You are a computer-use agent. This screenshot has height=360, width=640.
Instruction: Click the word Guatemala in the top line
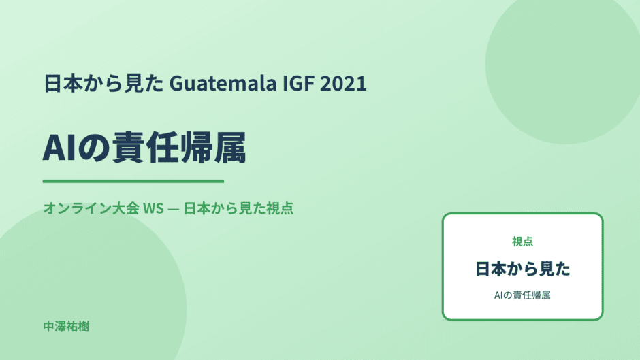point(223,83)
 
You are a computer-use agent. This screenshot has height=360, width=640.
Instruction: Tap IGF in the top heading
point(298,83)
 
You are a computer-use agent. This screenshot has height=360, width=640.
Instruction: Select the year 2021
point(343,83)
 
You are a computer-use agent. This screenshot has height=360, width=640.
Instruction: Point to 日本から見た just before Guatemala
point(103,83)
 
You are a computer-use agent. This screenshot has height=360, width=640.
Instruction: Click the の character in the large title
point(93,148)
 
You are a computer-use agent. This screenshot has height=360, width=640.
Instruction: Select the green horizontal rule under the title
point(133,181)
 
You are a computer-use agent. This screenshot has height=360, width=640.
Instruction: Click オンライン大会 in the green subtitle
point(91,208)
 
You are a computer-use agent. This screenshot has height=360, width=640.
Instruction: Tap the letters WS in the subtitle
point(153,208)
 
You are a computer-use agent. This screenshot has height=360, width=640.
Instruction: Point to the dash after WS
point(174,208)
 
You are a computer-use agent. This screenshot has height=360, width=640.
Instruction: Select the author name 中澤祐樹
point(66,327)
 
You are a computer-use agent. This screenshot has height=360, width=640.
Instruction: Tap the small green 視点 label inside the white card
point(522,242)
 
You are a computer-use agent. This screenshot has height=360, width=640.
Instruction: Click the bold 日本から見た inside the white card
point(522,269)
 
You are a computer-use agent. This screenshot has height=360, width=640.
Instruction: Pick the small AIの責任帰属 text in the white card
point(522,295)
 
